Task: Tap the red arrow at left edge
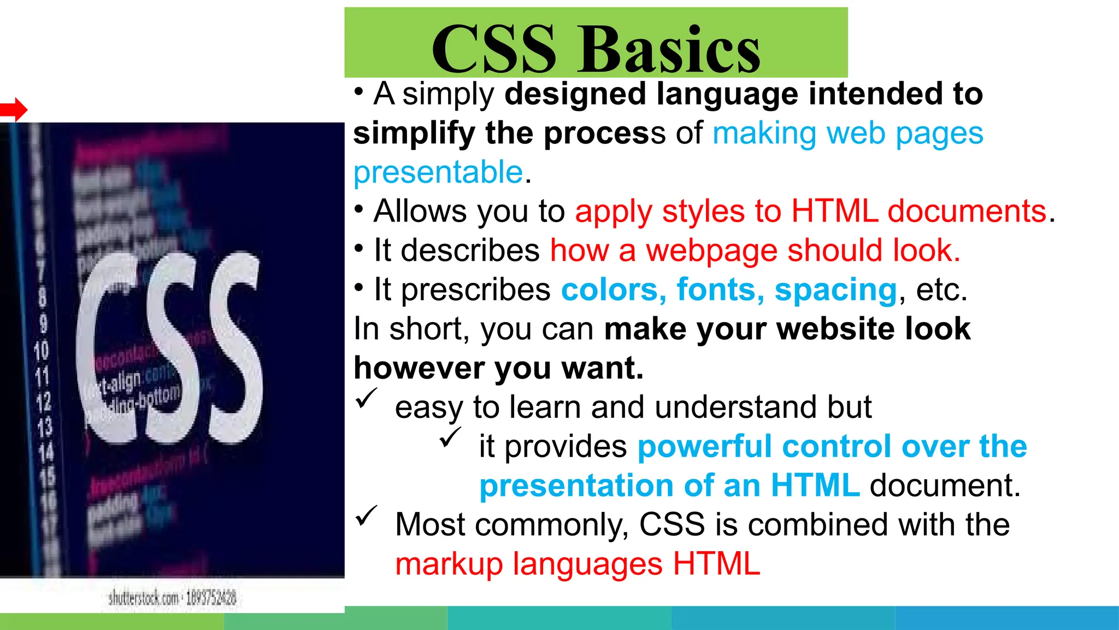[x=14, y=110]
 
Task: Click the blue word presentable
[x=438, y=172]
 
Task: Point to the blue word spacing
[x=835, y=290]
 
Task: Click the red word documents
[x=967, y=211]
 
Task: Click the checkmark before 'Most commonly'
[x=366, y=516]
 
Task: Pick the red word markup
[x=449, y=564]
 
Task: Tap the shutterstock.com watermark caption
[x=172, y=598]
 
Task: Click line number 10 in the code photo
[x=42, y=351]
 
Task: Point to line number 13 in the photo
[x=45, y=427]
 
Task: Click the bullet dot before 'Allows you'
[x=358, y=209]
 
